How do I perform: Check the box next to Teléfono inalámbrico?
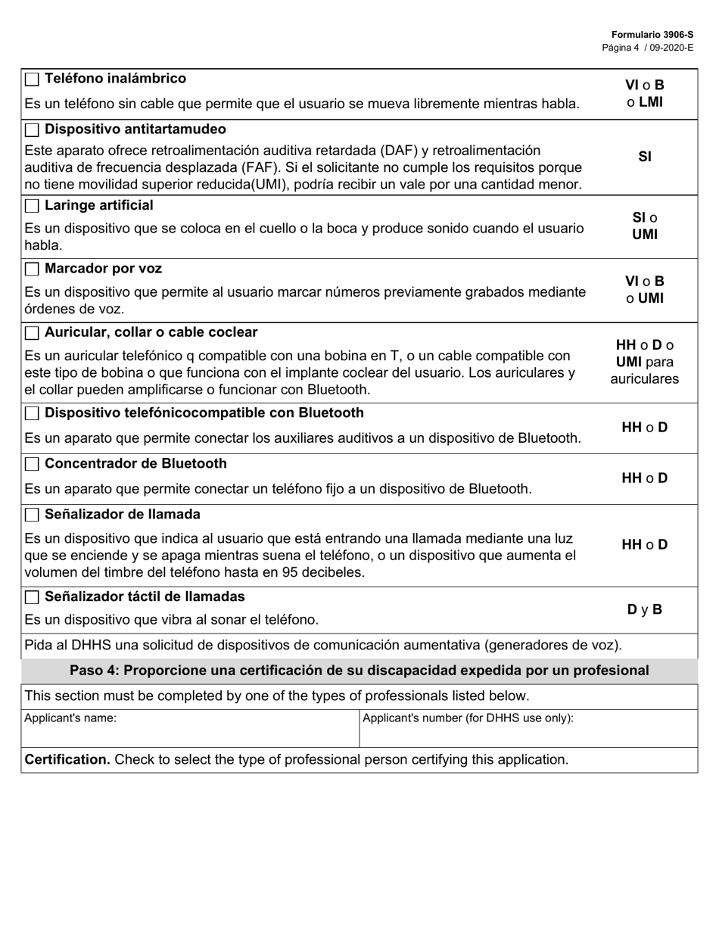32,79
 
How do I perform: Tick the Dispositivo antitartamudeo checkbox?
32,130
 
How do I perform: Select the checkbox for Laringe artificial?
32,206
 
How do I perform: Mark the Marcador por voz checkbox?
32,269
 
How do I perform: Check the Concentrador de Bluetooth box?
32,464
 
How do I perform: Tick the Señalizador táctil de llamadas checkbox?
32,597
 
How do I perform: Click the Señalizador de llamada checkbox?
32,515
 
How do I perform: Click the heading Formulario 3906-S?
652,35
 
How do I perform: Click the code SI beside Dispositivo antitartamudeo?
645,157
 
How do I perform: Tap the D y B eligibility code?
645,609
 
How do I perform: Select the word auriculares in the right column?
645,378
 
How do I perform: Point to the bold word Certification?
67,759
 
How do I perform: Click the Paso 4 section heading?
359,671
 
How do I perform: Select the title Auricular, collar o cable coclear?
151,332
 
